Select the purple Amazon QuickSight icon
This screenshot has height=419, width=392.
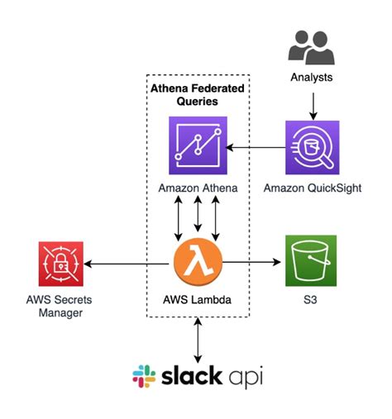click(312, 147)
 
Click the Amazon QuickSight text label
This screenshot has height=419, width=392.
click(312, 188)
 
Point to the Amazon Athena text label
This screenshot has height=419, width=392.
click(198, 188)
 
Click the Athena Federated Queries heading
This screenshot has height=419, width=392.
click(198, 95)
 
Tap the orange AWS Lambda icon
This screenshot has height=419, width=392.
click(198, 263)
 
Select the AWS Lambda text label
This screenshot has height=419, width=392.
click(198, 299)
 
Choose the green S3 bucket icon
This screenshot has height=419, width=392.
click(311, 262)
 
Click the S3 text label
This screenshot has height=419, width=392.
click(311, 299)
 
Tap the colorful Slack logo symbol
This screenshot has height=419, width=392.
click(144, 376)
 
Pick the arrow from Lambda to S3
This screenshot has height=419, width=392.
click(251, 264)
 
